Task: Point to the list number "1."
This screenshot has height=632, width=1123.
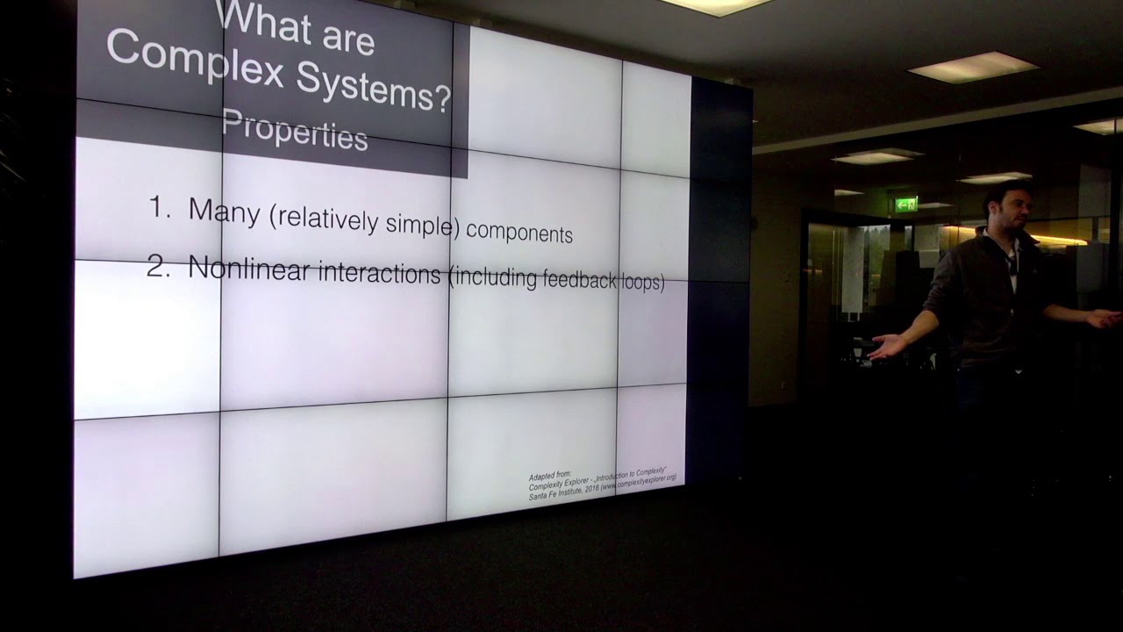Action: click(x=161, y=208)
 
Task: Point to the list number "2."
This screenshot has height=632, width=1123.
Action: click(x=159, y=267)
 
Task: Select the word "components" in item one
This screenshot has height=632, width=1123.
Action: click(x=519, y=233)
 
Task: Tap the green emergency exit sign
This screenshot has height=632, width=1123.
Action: click(x=905, y=205)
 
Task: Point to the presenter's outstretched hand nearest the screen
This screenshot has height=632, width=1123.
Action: click(x=885, y=346)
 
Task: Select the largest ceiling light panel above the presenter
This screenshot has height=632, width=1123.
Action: click(x=973, y=68)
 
